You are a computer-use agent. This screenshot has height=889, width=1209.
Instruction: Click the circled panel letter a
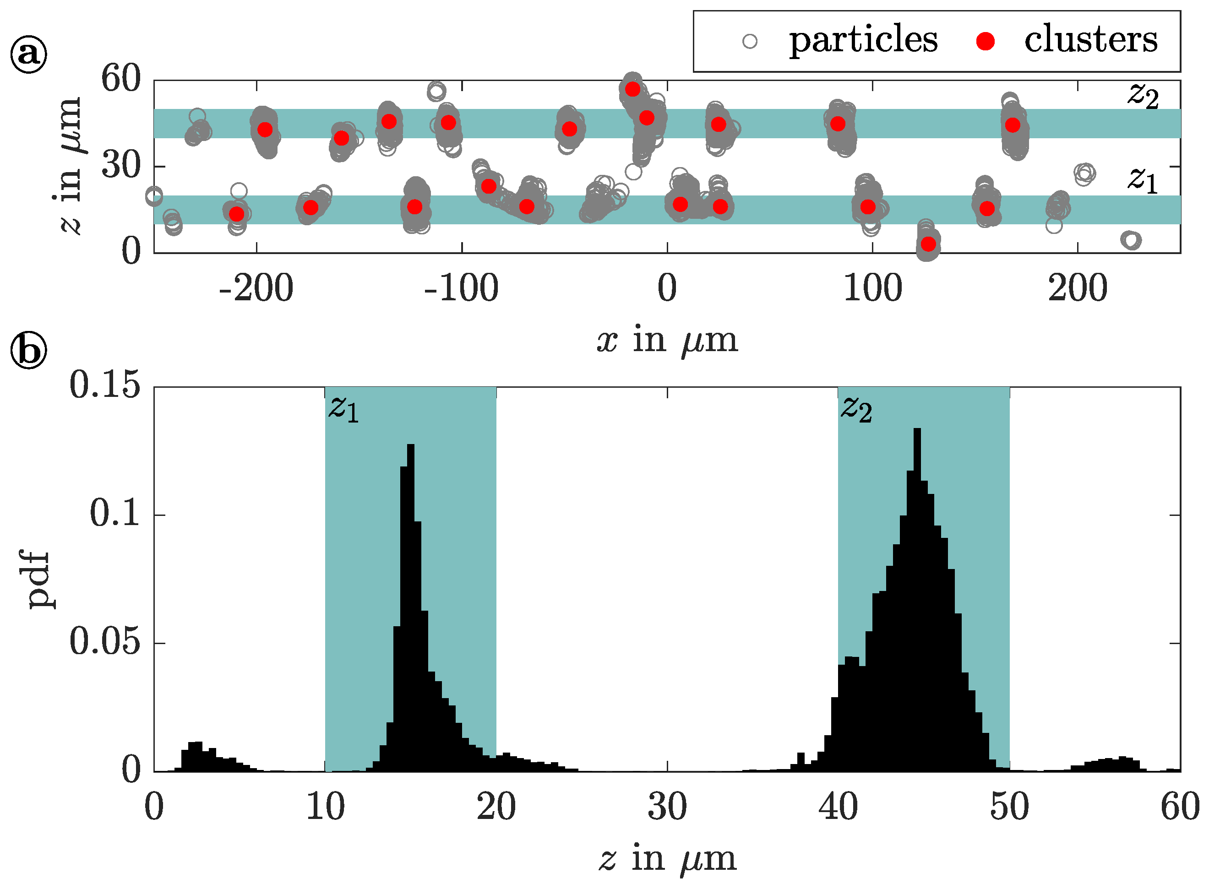click(x=28, y=54)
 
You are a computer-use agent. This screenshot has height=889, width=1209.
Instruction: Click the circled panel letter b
click(x=28, y=350)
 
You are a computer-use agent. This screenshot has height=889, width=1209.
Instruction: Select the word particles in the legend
click(x=863, y=40)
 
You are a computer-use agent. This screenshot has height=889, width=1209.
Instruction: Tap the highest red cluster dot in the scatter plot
click(x=632, y=89)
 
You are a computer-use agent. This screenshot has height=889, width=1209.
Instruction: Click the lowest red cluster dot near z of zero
click(x=928, y=244)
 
